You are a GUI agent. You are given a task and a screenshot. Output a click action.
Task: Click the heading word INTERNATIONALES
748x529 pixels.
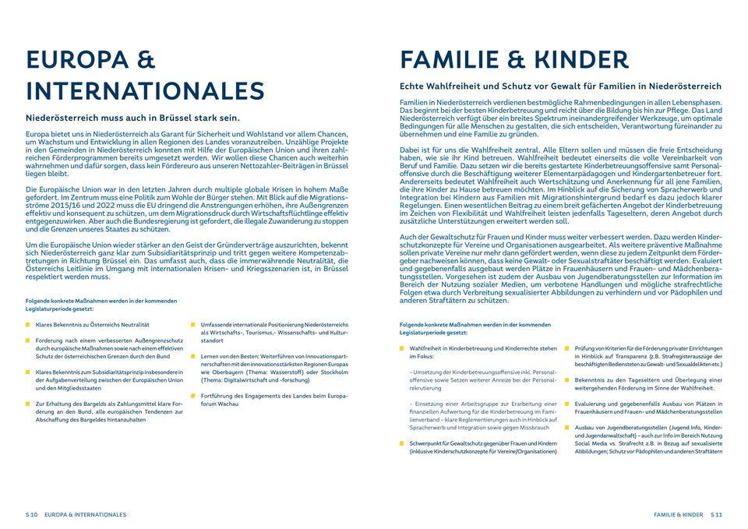point(145,90)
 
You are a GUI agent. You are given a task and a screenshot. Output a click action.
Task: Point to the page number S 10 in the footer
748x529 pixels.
point(31,515)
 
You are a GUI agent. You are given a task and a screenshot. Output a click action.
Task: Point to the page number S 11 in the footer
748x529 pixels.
point(716,515)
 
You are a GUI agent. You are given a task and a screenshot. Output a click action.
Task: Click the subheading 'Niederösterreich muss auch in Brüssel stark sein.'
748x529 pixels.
point(132,118)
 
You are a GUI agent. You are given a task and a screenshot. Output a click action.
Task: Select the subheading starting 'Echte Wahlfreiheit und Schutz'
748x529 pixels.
point(560,86)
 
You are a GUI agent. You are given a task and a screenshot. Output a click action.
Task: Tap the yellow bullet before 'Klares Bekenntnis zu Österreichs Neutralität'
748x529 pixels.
point(28,324)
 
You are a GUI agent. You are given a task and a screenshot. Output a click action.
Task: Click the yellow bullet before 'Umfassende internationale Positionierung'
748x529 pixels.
point(193,324)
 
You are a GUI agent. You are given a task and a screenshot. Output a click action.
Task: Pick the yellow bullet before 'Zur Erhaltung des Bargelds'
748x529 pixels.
point(28,404)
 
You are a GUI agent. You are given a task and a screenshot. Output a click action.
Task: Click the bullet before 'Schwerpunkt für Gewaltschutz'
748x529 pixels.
point(402,443)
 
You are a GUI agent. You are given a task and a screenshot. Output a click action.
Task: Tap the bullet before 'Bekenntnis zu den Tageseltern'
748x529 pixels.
point(567,379)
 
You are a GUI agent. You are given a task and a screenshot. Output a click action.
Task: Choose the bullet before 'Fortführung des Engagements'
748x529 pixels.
point(193,396)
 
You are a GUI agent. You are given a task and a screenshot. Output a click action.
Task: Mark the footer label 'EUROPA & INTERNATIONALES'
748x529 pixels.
point(86,515)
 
